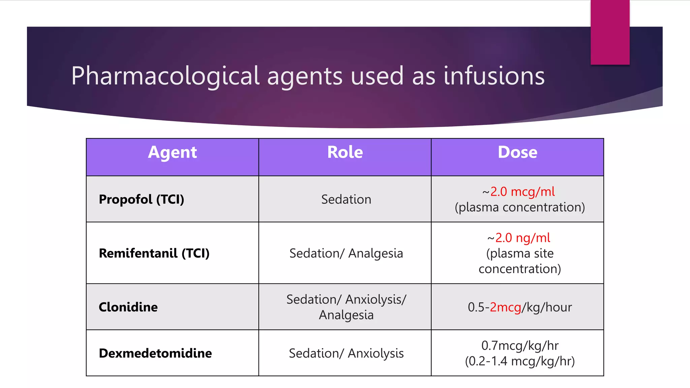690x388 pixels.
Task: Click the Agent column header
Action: pyautogui.click(x=172, y=153)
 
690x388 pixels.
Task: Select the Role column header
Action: pyautogui.click(x=345, y=153)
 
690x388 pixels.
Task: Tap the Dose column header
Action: pyautogui.click(x=517, y=153)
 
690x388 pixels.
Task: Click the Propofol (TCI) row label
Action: pyautogui.click(x=142, y=199)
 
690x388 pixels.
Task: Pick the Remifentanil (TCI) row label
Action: pyautogui.click(x=154, y=253)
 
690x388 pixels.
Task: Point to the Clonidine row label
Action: pyautogui.click(x=128, y=307)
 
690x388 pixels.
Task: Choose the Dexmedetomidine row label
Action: pyautogui.click(x=155, y=353)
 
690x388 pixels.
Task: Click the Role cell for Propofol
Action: pyautogui.click(x=346, y=199)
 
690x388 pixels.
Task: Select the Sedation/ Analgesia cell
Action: pyautogui.click(x=346, y=253)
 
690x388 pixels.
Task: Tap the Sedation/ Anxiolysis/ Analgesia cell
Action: pyautogui.click(x=346, y=307)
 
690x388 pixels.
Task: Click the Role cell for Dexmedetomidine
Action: pyautogui.click(x=346, y=353)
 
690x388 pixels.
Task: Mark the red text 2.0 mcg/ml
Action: pyautogui.click(x=522, y=192)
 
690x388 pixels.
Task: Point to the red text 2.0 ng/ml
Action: pyautogui.click(x=523, y=238)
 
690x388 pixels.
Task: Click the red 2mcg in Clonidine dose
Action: pyautogui.click(x=505, y=307)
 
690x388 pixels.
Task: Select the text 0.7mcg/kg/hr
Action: pyautogui.click(x=520, y=346)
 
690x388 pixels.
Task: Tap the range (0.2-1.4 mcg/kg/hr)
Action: pyautogui.click(x=520, y=361)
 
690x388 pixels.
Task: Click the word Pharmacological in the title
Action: pyautogui.click(x=165, y=76)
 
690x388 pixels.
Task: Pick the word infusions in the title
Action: pyautogui.click(x=494, y=76)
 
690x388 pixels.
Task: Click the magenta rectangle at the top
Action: pyautogui.click(x=610, y=32)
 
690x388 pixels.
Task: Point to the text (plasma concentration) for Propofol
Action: pyautogui.click(x=520, y=207)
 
